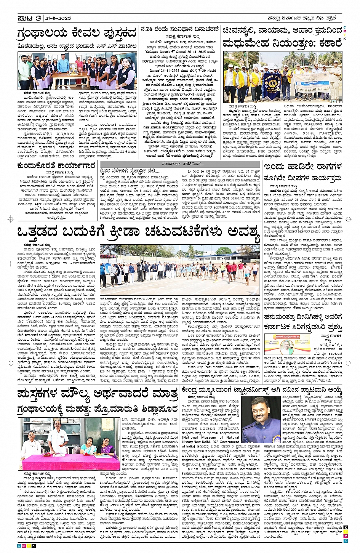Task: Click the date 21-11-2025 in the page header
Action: coord(58,18)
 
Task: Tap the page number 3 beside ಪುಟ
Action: coord(38,18)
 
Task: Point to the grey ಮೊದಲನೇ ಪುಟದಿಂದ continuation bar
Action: coord(182,164)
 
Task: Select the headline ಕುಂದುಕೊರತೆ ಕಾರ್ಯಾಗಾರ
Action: coord(55,166)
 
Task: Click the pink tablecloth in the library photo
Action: coord(70,462)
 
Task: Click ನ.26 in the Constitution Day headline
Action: coord(146,29)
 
